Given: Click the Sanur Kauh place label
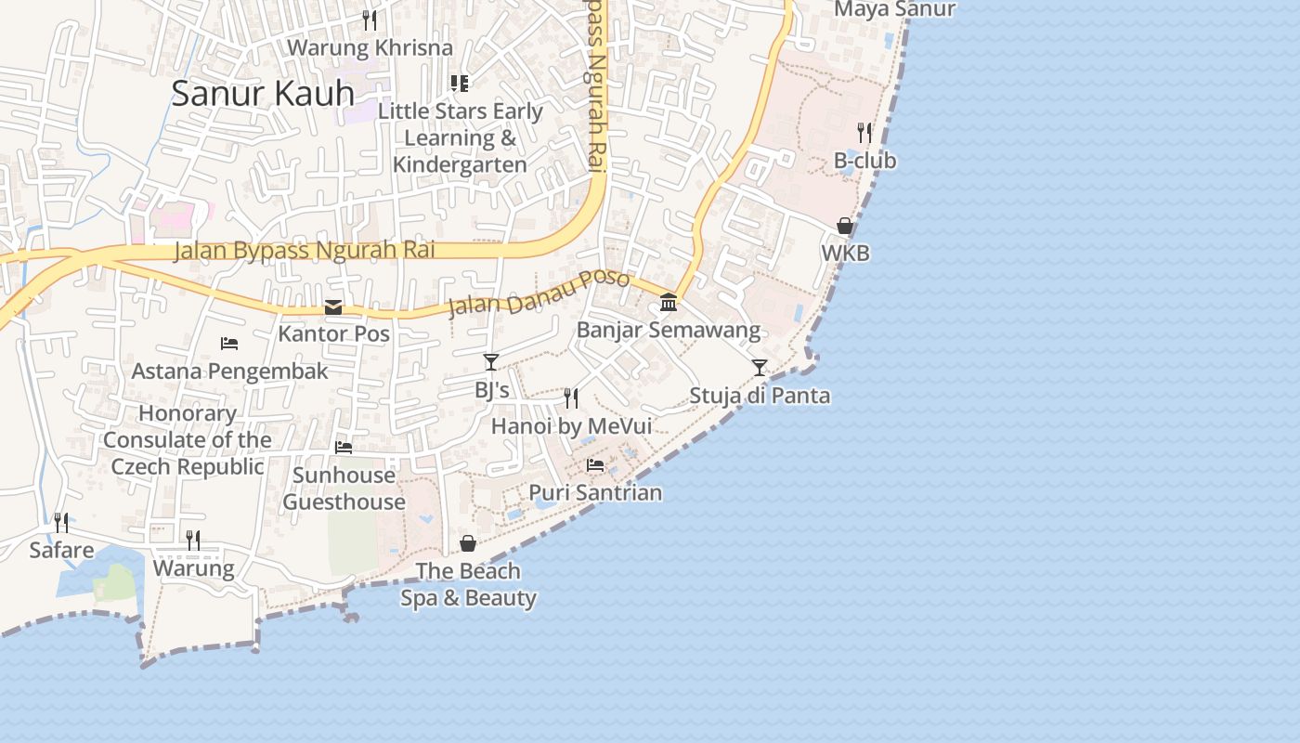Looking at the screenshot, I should click(x=263, y=94).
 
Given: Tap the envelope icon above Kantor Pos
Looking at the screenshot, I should click(x=333, y=307).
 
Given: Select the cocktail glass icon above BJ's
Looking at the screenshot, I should click(x=491, y=362).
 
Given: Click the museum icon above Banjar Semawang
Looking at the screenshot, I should click(x=669, y=302).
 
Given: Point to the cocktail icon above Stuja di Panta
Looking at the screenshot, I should click(x=760, y=368).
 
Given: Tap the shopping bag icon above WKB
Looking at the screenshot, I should click(x=845, y=226).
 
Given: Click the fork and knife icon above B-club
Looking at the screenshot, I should click(x=864, y=133).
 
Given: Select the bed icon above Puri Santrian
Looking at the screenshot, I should click(x=595, y=464).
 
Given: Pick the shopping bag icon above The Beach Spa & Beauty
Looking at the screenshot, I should click(x=468, y=543).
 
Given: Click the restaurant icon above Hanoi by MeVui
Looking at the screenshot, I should click(x=571, y=398).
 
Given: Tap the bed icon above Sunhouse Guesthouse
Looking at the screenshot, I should click(x=344, y=448).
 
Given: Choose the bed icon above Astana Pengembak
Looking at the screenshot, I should click(x=229, y=344).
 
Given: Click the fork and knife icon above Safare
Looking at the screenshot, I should click(x=61, y=523).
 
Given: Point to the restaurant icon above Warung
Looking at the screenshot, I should click(x=193, y=541).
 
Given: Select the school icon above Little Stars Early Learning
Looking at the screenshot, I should click(x=460, y=84).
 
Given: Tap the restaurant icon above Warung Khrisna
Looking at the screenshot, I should click(x=370, y=20).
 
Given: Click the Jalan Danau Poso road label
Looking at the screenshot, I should click(x=539, y=293).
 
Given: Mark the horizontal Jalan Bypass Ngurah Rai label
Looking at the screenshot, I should click(x=305, y=251).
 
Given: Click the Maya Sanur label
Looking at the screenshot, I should click(x=894, y=9).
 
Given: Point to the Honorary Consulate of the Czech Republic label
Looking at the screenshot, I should click(x=188, y=440).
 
